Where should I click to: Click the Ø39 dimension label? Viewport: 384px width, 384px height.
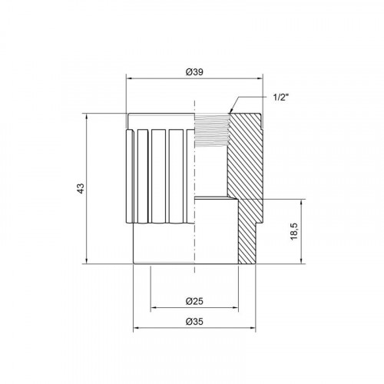coord(194,72)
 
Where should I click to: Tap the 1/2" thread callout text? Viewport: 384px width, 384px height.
coord(280,98)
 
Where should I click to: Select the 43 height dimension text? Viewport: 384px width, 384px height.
coord(81,188)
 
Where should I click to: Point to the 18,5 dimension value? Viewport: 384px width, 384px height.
coord(294,231)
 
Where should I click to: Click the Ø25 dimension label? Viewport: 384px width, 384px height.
coord(194,301)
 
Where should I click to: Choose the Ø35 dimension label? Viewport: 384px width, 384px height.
coord(194,321)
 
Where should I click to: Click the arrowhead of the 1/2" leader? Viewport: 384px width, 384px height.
coord(230,111)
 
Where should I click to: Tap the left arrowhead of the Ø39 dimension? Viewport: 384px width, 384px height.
coord(129,78)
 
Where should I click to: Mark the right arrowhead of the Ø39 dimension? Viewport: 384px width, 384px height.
coord(260,78)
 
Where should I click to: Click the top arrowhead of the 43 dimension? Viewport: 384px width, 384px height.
coord(87,117)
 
